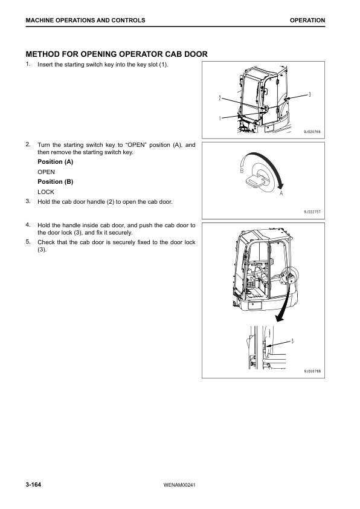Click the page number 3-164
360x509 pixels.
[x=33, y=485]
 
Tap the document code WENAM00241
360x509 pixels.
[x=179, y=485]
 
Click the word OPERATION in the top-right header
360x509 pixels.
[x=307, y=20]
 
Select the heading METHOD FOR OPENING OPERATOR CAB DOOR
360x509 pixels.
[x=117, y=54]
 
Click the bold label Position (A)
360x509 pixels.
[x=56, y=161]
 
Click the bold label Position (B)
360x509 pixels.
[x=56, y=181]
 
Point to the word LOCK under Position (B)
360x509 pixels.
[x=46, y=192]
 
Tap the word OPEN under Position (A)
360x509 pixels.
[x=46, y=172]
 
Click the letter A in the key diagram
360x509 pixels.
[x=281, y=193]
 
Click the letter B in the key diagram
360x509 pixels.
[x=242, y=170]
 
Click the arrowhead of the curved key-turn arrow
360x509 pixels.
[x=281, y=186]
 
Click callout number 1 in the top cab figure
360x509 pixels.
[x=220, y=118]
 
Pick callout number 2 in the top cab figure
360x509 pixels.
[x=220, y=98]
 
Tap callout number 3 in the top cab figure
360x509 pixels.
[x=309, y=94]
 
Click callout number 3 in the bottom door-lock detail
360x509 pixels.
[x=292, y=341]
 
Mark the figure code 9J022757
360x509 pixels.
[x=312, y=212]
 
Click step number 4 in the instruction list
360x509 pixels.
[x=28, y=225]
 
